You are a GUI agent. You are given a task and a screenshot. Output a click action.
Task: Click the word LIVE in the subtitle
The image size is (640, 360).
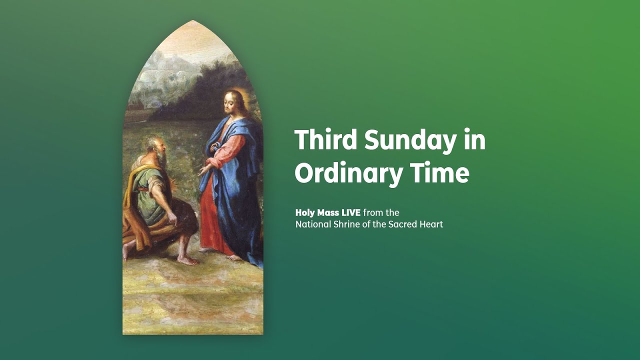point(351,212)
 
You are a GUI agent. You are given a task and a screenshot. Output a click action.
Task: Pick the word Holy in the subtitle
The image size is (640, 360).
point(305,213)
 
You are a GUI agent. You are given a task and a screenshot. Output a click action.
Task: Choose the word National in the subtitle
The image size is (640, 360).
point(313,224)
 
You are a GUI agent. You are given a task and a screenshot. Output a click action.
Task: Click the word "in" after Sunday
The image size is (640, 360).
point(474,140)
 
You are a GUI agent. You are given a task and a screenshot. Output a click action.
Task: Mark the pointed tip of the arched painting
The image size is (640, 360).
point(192,21)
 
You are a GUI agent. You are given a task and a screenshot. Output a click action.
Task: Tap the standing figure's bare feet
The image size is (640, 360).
point(220,253)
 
